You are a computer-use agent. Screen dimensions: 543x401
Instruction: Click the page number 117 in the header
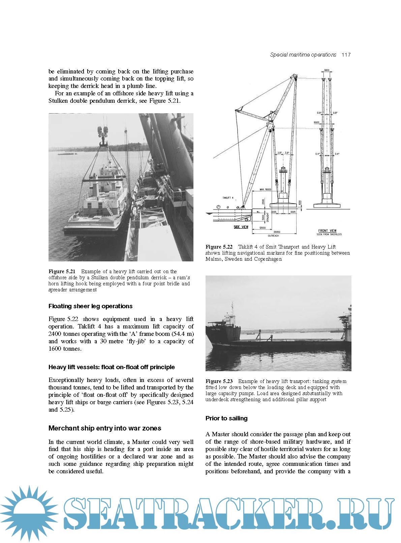pos(346,55)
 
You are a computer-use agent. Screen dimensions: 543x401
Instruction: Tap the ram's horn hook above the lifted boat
pos(103,139)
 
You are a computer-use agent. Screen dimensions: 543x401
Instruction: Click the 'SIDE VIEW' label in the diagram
pos(241,227)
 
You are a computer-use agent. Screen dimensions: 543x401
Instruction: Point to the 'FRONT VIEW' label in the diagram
pos(327,231)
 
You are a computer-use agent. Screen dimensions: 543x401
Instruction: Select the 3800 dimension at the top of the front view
pos(327,70)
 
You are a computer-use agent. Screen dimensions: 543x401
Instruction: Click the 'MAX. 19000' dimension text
pos(265,190)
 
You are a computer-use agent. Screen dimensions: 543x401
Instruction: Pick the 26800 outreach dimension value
pos(277,232)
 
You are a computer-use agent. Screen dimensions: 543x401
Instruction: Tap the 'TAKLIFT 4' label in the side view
pos(228,198)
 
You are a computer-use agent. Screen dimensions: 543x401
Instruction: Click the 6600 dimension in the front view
pos(316,123)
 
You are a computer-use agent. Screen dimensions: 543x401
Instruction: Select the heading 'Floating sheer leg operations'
pos(90,306)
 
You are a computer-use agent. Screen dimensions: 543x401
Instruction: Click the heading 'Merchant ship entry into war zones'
pos(105,428)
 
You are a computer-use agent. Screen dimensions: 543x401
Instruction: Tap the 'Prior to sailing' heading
pos(226,418)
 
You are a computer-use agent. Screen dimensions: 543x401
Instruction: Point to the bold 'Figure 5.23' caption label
pos(219,381)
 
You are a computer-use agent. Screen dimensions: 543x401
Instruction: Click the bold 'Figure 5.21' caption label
pos(62,271)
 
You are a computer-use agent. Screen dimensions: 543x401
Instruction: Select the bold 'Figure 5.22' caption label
pos(219,247)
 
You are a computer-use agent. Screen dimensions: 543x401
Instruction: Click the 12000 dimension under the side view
pos(263,228)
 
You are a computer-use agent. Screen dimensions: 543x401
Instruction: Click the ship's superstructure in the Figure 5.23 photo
pos(230,317)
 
